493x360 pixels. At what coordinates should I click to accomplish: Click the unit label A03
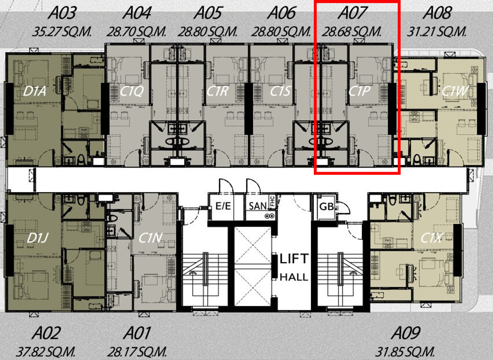pos(62,13)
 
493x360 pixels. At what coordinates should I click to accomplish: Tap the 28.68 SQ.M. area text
pos(352,32)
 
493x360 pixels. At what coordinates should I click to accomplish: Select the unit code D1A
pos(35,92)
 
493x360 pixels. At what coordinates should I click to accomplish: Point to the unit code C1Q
pos(131,91)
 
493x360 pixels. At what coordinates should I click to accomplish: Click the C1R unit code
pos(217,91)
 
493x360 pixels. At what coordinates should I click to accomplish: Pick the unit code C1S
pos(280,91)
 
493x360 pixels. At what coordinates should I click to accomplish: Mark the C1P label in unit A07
pos(359,91)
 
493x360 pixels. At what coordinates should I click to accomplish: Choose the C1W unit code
pos(455,91)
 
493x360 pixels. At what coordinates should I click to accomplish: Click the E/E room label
pos(223,206)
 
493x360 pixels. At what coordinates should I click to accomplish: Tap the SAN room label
pos(258,206)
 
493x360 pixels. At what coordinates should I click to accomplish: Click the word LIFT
pos(294,259)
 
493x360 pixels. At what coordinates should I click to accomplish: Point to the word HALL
pos(294,277)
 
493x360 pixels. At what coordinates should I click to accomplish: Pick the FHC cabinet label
pos(272,201)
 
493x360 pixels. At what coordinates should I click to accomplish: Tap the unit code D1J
pos(37,238)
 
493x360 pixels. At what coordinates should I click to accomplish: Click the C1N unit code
pos(150,238)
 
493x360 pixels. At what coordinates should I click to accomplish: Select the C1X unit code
pos(431,238)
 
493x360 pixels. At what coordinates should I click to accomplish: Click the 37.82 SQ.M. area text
pos(46,352)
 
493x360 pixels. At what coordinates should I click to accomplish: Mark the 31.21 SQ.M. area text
pos(436,32)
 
